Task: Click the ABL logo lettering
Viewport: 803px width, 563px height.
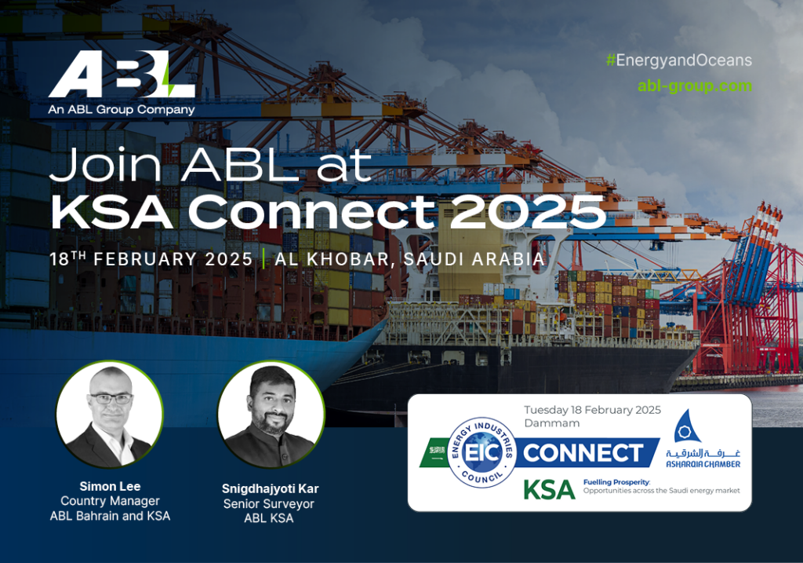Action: (122, 74)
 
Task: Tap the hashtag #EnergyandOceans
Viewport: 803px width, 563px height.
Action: (679, 60)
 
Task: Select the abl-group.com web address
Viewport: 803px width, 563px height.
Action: (695, 86)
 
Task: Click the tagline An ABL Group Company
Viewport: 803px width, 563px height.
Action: (122, 109)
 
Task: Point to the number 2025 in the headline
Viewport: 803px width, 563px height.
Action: (528, 212)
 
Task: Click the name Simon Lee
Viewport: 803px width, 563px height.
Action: (110, 486)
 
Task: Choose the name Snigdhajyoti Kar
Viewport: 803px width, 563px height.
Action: (270, 488)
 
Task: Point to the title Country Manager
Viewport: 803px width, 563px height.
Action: (110, 501)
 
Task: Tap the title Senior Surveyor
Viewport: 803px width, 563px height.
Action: (269, 503)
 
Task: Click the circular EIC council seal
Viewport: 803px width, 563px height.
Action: (482, 452)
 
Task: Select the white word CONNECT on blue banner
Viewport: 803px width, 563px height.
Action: (583, 453)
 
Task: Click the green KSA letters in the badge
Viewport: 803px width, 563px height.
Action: (549, 490)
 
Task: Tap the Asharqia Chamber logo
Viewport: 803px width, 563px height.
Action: (703, 439)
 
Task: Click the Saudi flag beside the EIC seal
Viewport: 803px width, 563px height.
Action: (436, 452)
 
